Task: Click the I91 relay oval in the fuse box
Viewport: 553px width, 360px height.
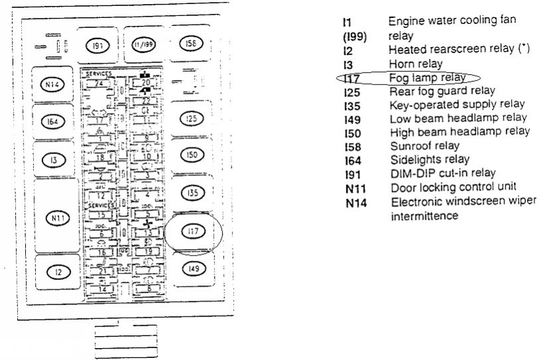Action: [x=97, y=45]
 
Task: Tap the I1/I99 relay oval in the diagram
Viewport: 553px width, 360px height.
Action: [x=143, y=45]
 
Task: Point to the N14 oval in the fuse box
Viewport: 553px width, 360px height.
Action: [x=52, y=84]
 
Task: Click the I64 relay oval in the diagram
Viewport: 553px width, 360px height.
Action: [x=52, y=122]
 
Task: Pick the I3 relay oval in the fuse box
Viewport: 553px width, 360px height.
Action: [x=52, y=161]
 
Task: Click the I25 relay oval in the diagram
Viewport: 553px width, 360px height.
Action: [x=191, y=119]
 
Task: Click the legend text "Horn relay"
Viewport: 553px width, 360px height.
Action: [x=415, y=65]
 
